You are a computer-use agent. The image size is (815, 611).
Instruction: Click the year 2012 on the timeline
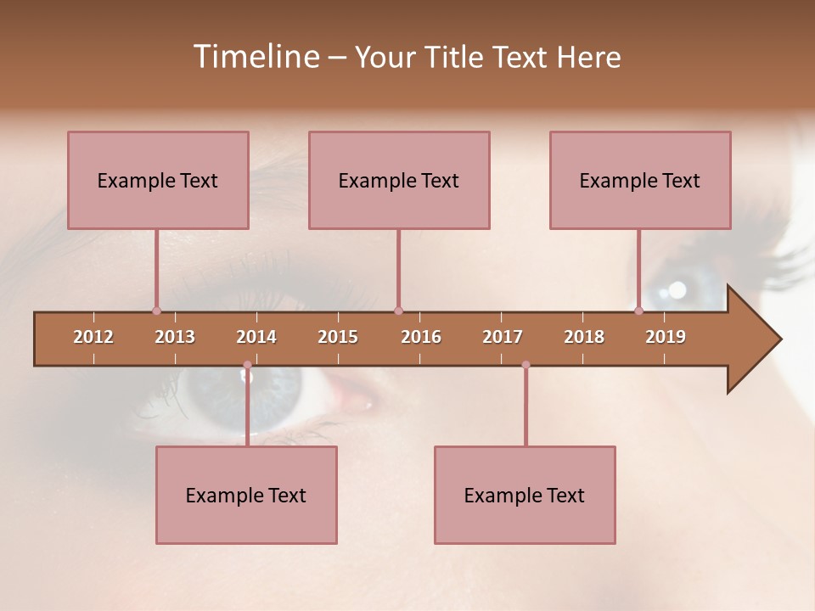93,337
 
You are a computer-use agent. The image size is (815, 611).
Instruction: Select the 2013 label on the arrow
175,337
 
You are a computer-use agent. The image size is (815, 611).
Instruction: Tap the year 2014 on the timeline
256,337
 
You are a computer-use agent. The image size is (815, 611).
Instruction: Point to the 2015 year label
338,337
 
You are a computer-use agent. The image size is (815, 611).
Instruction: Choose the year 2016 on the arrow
421,337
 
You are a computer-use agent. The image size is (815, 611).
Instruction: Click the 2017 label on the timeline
503,337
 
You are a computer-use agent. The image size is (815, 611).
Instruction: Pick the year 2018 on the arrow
584,337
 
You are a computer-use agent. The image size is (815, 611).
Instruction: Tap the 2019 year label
666,337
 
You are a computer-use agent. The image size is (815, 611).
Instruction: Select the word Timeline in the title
254,57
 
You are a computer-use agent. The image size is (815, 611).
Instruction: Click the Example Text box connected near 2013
158,180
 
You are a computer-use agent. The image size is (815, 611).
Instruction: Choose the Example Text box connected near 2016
399,180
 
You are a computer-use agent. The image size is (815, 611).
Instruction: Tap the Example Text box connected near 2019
640,180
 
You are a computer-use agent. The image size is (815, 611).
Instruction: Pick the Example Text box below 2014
246,495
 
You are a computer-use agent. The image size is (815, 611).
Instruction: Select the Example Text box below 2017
525,495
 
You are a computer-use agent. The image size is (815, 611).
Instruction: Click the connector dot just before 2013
156,311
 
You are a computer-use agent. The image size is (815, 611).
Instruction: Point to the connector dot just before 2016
398,311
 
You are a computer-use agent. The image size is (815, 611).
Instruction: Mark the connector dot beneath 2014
247,365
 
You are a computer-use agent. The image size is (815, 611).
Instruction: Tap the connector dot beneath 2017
526,365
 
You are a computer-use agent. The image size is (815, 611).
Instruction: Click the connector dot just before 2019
639,311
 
